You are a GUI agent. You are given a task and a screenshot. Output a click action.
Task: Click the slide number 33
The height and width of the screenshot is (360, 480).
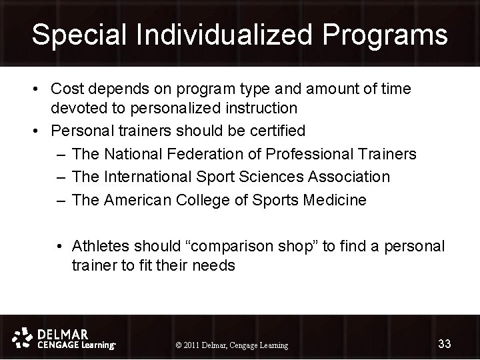444,343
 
